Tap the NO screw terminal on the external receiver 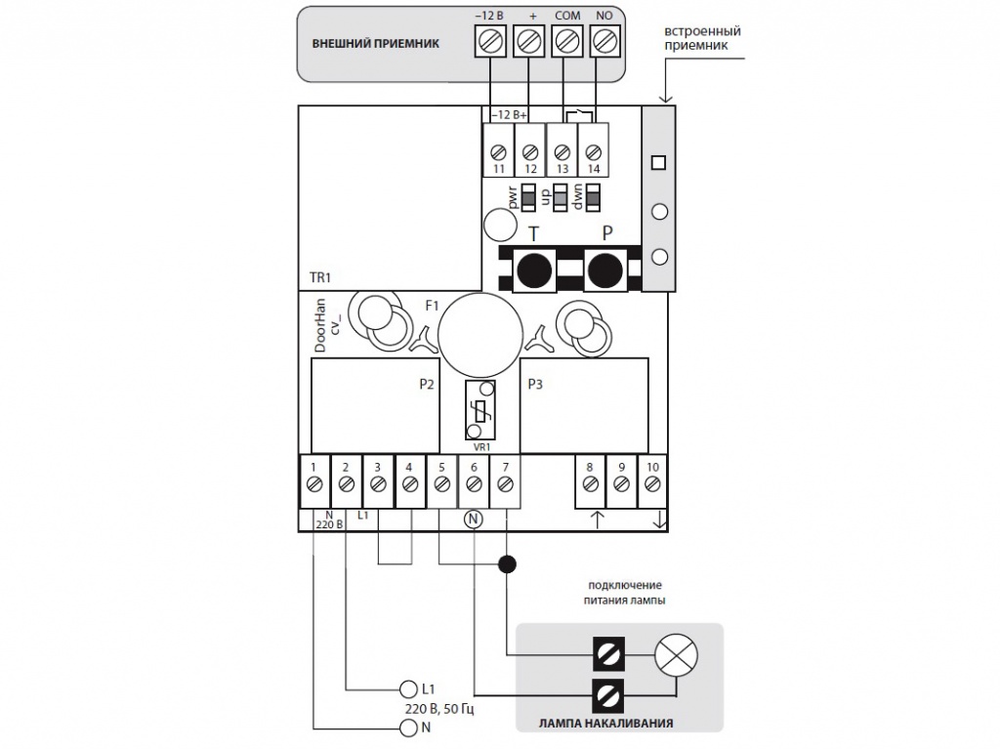[604, 42]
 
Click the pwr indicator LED [528, 199]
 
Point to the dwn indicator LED [593, 199]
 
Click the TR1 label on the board [320, 278]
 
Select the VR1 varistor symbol [478, 411]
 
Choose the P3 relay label [534, 384]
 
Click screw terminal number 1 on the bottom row [313, 482]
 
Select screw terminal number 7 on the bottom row [505, 482]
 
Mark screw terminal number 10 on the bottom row [652, 482]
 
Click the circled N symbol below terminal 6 [474, 519]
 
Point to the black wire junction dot [507, 563]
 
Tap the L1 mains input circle [408, 688]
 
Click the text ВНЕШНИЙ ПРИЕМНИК [375, 44]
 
